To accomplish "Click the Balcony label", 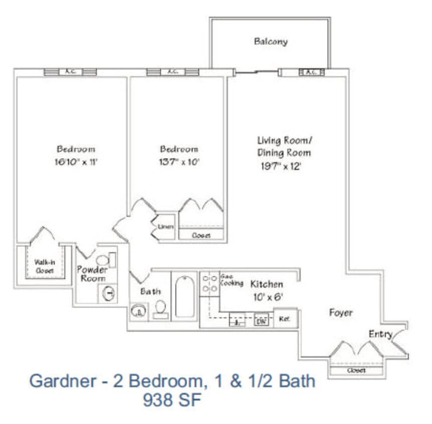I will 270,42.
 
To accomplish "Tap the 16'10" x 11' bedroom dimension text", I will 76,162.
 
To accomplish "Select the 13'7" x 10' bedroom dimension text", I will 179,162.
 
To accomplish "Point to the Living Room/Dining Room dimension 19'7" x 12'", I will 280,166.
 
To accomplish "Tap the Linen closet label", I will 166,227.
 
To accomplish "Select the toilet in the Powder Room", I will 102,260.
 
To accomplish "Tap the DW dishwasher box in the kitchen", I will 261,320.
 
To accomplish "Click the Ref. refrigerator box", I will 285,318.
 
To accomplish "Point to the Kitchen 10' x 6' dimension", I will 269,296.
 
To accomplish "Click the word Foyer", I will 341,312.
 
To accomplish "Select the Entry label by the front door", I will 380,334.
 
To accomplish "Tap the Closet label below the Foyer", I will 356,370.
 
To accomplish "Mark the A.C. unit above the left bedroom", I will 70,72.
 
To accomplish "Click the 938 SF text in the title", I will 172,400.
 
